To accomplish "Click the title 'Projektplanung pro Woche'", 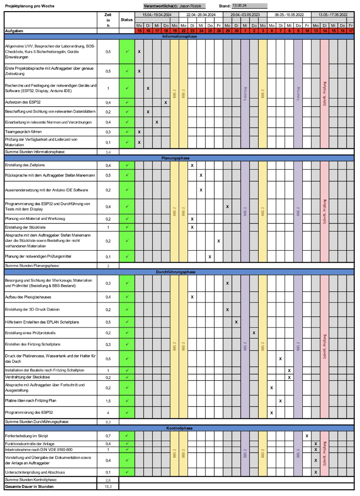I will coord(26,6).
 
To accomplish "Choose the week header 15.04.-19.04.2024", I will coord(156,14).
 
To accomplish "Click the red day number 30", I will coord(236,31).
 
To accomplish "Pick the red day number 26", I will coord(218,31).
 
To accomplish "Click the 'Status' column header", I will coord(127,20).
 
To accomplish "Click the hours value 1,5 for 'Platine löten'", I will coord(108,401).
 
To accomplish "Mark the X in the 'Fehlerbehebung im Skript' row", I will coord(307,435).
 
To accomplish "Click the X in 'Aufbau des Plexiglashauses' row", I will coord(192,297).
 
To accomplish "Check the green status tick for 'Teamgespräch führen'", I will coord(127,132).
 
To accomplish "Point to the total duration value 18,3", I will coord(108,487).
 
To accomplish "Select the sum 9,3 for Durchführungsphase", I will coord(108,421).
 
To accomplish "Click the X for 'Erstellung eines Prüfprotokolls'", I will coord(254,333).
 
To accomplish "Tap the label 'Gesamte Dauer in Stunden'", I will coord(29,487).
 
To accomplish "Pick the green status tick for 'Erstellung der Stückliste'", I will coord(127,227).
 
